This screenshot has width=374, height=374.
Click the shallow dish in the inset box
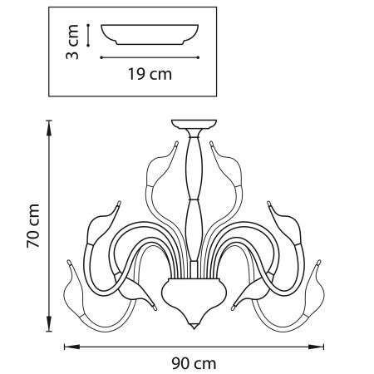150,36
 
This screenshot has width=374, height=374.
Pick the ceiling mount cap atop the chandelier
191,126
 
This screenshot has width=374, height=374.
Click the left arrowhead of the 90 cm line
67,344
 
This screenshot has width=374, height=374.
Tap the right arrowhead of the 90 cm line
321,344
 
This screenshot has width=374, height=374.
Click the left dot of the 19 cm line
101,57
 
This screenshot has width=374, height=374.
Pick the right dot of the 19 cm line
199,57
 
